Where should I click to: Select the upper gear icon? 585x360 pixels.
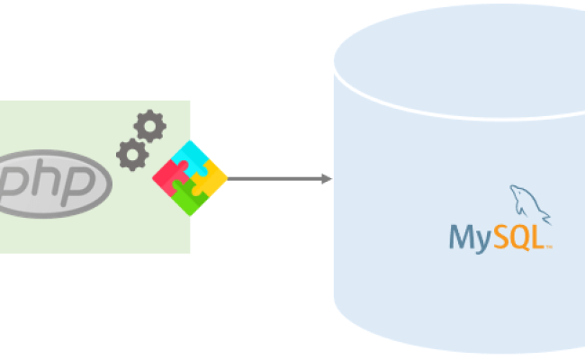[x=149, y=128]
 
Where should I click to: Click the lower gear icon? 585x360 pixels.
[x=132, y=155]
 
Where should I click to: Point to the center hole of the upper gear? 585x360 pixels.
[x=149, y=128]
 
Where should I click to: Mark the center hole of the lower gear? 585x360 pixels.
[x=132, y=155]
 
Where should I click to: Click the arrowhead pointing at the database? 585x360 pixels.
[x=327, y=179]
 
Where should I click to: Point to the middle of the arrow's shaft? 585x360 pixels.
[x=274, y=179]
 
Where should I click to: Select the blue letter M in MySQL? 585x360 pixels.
[x=461, y=237]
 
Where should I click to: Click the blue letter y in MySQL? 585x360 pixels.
[x=481, y=240]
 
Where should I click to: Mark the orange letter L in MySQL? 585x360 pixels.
[x=537, y=237]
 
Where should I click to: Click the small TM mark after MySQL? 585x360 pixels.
[x=548, y=245]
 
